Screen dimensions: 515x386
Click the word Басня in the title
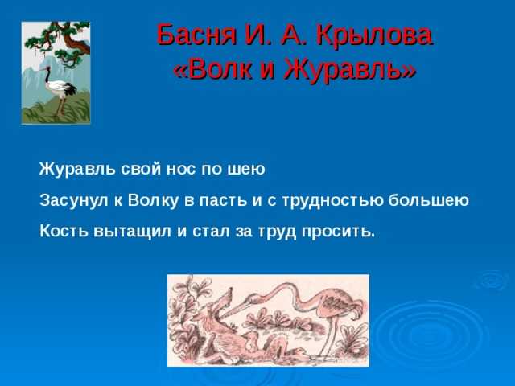pos(196,35)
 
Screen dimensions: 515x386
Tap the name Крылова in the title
pos(375,35)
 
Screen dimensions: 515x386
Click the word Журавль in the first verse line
pos(77,170)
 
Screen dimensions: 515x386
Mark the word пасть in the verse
pos(223,201)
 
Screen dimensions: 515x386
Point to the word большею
pos(428,200)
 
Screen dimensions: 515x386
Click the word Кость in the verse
pos(64,231)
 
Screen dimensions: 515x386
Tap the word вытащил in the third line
pos(132,232)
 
